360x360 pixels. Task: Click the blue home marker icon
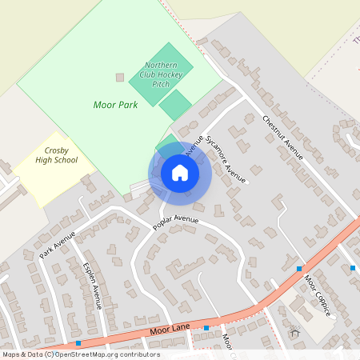pos(179,173)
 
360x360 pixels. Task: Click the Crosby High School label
pos(56,155)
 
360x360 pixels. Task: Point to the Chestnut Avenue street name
pos(283,137)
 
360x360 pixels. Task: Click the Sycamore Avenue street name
pos(224,158)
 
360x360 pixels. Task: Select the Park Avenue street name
pos(57,245)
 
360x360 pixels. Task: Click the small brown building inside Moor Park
pos(121,77)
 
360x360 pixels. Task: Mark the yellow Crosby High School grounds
pos(48,180)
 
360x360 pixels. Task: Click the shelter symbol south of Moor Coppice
pos(294,332)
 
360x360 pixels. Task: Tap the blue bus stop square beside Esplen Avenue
pos(78,343)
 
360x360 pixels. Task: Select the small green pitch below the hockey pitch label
pos(175,105)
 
